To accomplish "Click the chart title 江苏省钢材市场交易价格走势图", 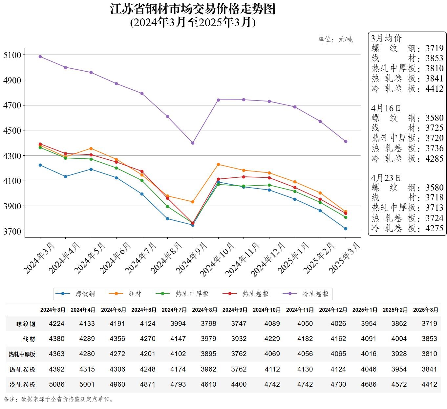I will coord(193,9).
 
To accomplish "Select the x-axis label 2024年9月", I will coord(192,258).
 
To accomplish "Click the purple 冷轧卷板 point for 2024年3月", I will coord(40,57).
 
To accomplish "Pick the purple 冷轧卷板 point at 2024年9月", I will coord(193,143).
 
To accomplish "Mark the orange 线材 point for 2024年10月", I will coord(218,164).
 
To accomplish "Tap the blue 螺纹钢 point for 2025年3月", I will coord(346,229).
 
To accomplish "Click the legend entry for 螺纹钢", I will coord(75,294).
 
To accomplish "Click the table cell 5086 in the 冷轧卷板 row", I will coord(56,384).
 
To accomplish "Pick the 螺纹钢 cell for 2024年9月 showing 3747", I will coord(239,324).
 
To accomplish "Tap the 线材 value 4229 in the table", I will coord(272,339).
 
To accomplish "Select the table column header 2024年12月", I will coord(333,310).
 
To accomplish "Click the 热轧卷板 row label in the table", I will coord(22,370).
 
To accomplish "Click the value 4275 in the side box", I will coord(434,228).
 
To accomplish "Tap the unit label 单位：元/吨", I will coord(335,39).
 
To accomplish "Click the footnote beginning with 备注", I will coord(59,399).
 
